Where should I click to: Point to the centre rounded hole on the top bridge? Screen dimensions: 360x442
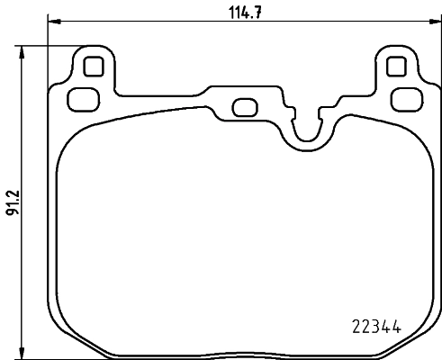[242, 106]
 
